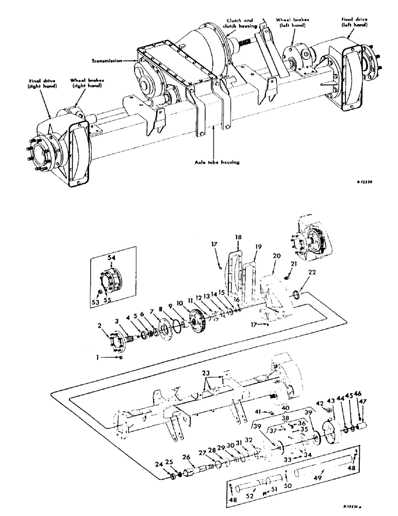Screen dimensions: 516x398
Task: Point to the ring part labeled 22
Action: point(297,296)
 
